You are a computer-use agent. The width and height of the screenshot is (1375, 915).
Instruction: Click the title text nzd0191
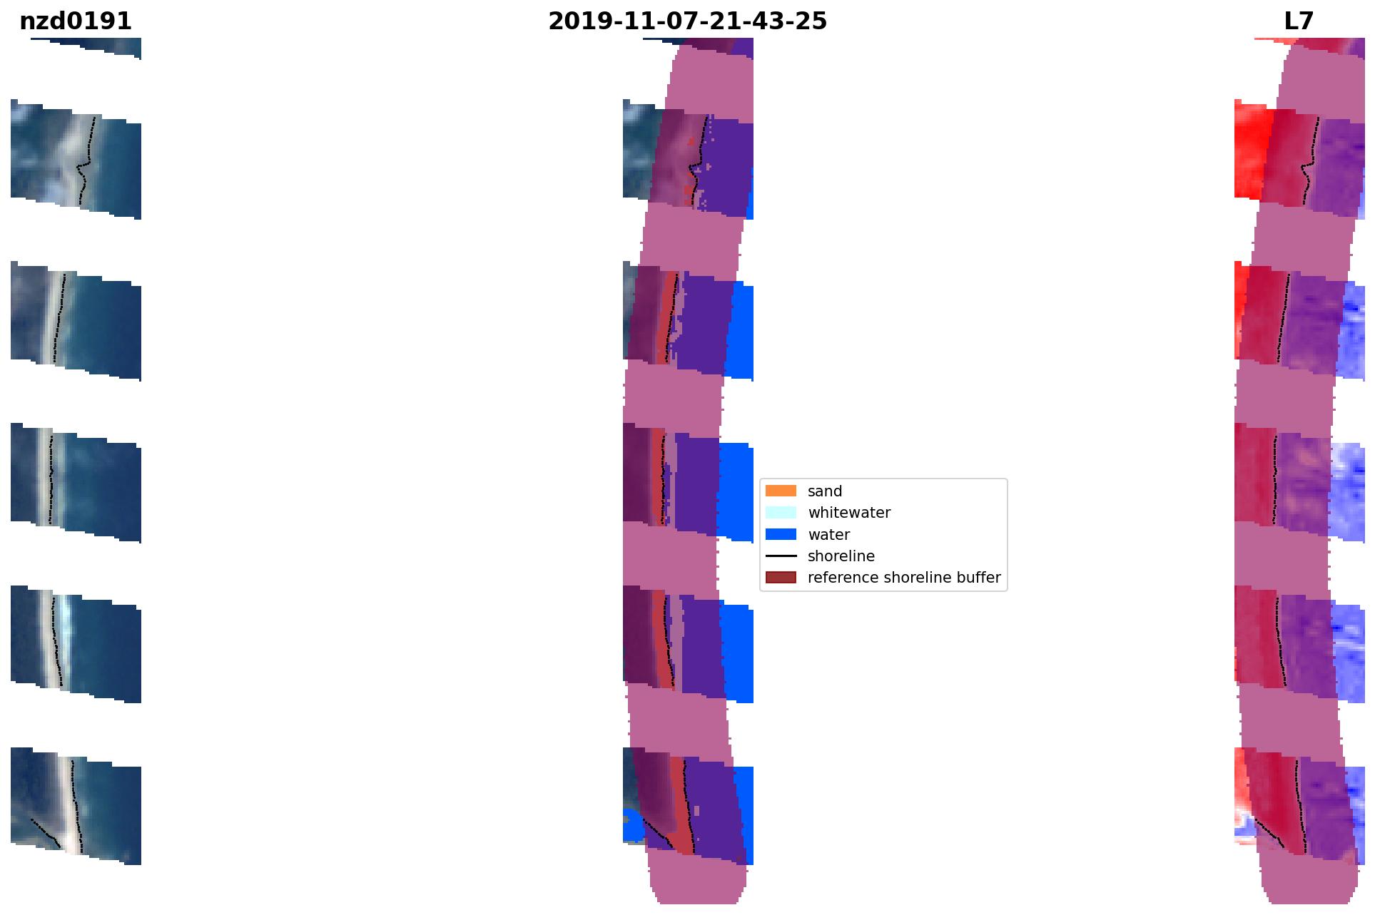[x=76, y=21]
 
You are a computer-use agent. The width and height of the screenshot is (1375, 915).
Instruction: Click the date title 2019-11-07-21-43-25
[x=687, y=21]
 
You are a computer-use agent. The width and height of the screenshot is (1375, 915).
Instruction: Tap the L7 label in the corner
[x=1299, y=21]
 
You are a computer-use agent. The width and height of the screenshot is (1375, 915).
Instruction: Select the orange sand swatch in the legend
[x=781, y=491]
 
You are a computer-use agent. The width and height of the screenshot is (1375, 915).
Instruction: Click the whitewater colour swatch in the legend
[x=781, y=512]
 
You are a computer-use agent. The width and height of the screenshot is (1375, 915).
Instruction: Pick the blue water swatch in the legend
[x=781, y=534]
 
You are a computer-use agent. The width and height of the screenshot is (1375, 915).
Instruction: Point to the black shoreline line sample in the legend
[x=781, y=556]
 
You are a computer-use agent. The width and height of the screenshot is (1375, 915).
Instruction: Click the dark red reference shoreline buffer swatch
[x=781, y=577]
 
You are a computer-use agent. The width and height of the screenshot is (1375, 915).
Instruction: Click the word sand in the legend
[x=825, y=491]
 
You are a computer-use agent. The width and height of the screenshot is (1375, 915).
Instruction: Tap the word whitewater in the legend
[x=849, y=513]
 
